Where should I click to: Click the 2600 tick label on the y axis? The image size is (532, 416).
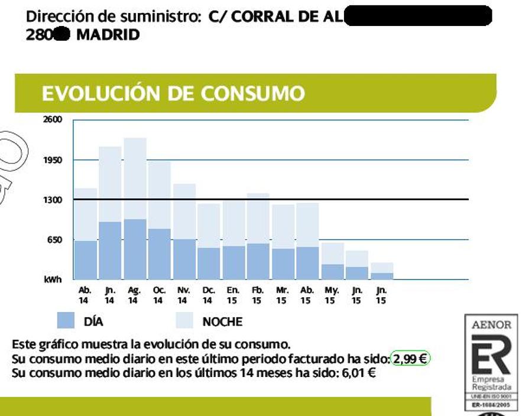coord(52,120)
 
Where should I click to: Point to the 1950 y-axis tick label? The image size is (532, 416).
coord(52,160)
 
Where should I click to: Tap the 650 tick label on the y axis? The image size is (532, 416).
coord(53,240)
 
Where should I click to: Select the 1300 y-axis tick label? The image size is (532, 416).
coord(52,200)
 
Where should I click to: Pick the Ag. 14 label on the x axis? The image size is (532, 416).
coord(134,295)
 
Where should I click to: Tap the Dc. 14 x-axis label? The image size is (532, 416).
coord(208,295)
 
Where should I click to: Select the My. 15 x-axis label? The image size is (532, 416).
coord(331,295)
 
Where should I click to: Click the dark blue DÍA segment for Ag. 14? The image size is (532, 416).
coord(135,249)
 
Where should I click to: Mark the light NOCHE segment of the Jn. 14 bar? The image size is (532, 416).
coord(110,184)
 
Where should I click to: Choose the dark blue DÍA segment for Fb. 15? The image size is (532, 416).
coord(258,261)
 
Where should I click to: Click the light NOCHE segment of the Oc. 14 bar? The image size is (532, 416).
coord(160,194)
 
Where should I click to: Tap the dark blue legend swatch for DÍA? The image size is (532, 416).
coord(66,321)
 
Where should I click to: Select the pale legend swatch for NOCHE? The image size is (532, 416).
coord(186,321)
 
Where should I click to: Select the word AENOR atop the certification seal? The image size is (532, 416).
coord(491,325)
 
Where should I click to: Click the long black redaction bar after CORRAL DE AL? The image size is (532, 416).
coord(417,16)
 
